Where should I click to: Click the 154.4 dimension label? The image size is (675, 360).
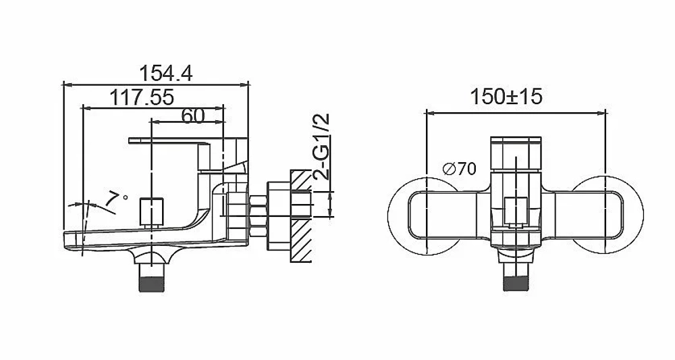point(166,74)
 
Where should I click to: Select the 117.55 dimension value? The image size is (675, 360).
point(142,97)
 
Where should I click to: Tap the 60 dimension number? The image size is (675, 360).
point(193,115)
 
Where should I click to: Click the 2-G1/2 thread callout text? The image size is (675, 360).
point(322,147)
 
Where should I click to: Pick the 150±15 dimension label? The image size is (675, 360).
point(506,97)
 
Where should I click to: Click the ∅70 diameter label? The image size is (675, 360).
point(459,169)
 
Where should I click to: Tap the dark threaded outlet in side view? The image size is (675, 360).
point(152,284)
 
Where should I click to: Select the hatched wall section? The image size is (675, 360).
point(301,216)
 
